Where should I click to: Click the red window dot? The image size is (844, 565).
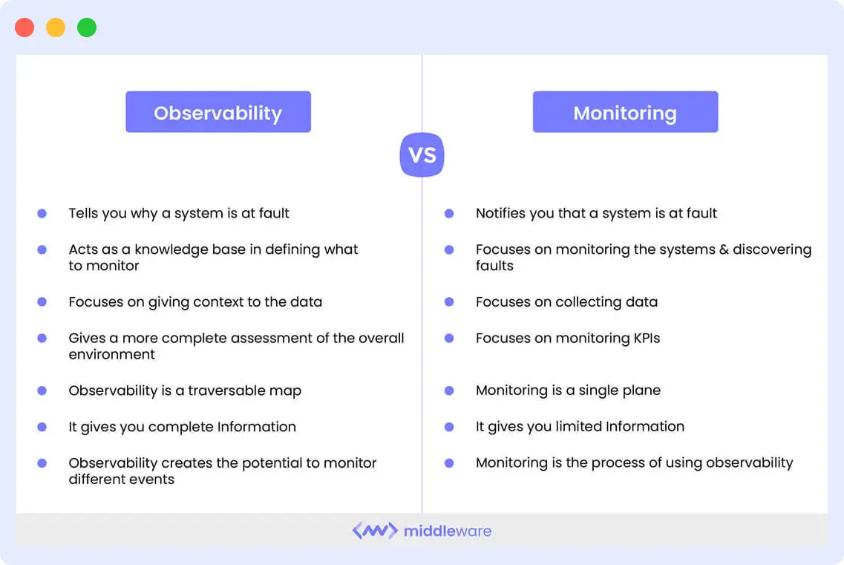pyautogui.click(x=24, y=28)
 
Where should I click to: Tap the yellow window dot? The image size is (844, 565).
pyautogui.click(x=56, y=28)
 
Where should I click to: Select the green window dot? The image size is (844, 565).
pyautogui.click(x=87, y=28)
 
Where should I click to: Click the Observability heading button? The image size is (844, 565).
pyautogui.click(x=218, y=112)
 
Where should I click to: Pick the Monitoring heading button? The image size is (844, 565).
pyautogui.click(x=625, y=112)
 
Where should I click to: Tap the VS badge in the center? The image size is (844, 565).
pyautogui.click(x=422, y=155)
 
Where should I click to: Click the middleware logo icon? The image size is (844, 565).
pyautogui.click(x=375, y=531)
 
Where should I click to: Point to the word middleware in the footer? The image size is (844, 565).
pyautogui.click(x=448, y=531)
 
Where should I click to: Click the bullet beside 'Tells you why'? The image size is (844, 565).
pyautogui.click(x=42, y=213)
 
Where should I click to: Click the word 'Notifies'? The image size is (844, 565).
pyautogui.click(x=501, y=213)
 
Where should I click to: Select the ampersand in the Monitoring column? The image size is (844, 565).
pyautogui.click(x=723, y=249)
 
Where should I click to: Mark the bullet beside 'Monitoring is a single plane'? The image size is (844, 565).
pyautogui.click(x=449, y=391)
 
